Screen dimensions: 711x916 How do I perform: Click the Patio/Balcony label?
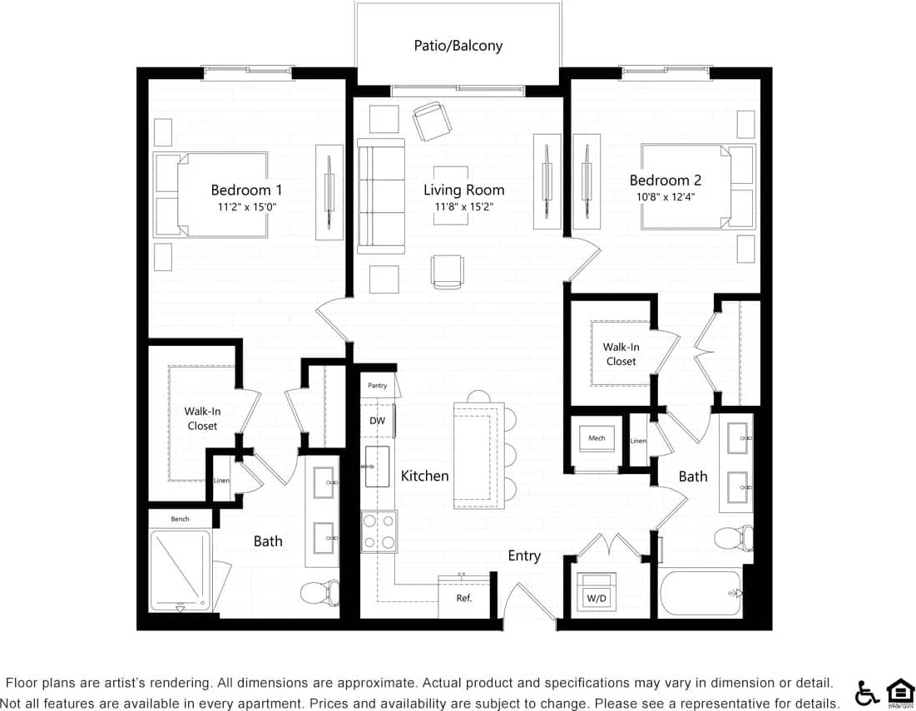[458, 46]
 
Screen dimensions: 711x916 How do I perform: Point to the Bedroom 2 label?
[665, 180]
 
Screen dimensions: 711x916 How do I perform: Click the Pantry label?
[378, 386]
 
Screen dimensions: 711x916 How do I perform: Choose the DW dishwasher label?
[377, 421]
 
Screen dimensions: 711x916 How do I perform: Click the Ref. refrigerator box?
[464, 598]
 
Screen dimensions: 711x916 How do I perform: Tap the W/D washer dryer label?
[597, 598]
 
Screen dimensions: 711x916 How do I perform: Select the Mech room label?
[597, 438]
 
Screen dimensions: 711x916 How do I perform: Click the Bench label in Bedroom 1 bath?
[180, 519]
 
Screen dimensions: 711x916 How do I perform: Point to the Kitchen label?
[424, 476]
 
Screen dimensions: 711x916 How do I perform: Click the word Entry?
[524, 555]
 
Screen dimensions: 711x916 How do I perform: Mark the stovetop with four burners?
[379, 532]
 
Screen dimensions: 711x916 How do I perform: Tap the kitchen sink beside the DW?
[378, 467]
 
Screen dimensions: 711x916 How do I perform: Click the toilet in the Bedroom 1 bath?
[319, 592]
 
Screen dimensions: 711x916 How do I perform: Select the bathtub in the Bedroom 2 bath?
[700, 592]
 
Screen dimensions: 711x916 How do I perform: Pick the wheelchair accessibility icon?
[867, 692]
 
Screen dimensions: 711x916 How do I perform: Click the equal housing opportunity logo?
[899, 692]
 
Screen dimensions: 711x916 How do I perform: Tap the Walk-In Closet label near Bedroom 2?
[621, 354]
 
